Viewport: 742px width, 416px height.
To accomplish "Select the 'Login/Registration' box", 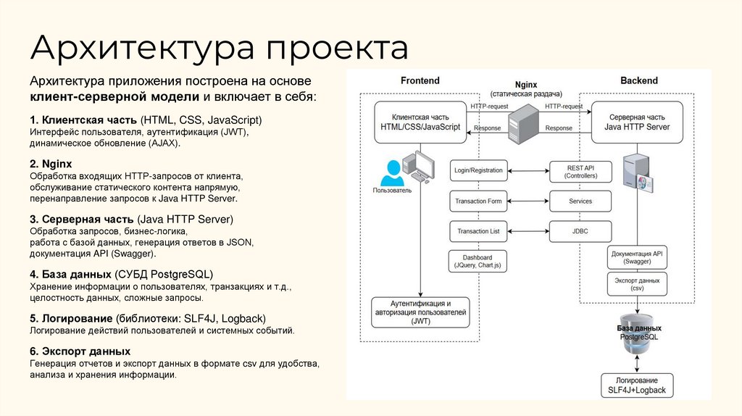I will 478,170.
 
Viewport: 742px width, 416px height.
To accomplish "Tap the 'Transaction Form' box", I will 478,201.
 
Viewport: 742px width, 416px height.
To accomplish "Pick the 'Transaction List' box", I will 478,231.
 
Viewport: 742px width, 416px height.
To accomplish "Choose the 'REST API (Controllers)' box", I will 580,171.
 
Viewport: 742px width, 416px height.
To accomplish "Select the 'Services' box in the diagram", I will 580,201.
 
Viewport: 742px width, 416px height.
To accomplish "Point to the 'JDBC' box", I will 580,231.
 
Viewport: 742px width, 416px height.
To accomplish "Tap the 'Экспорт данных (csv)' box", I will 637,283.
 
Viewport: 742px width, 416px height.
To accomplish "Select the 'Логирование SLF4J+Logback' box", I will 638,385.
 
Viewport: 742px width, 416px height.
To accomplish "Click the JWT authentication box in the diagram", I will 420,312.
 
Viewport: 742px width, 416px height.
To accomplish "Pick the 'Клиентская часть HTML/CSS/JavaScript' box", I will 420,121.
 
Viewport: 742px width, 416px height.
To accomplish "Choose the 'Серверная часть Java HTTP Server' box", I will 638,121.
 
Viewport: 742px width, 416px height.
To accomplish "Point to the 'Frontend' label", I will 420,80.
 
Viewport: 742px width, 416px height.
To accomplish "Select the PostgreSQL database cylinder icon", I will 637,337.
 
